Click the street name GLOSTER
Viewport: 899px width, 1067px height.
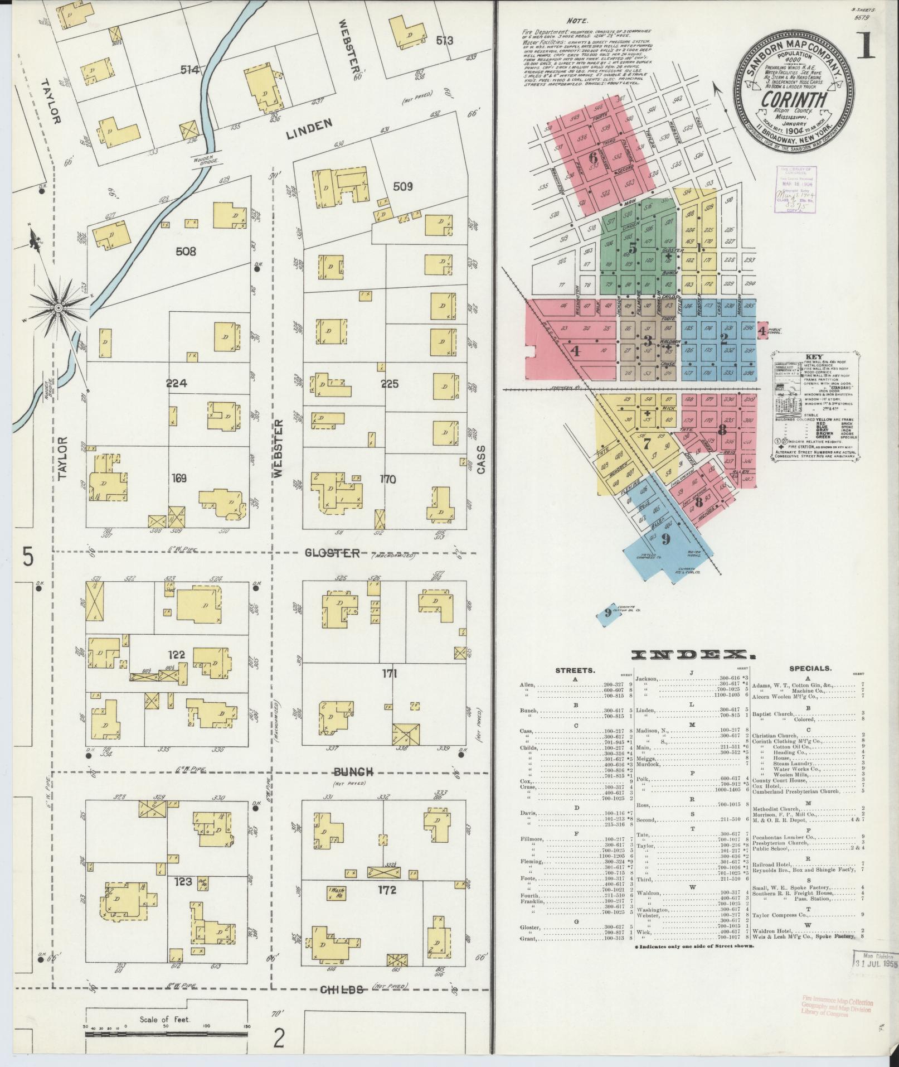tap(332, 553)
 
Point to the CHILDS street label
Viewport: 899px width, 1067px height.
tap(342, 989)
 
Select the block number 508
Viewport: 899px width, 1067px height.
tap(186, 252)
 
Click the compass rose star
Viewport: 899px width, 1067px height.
tap(57, 308)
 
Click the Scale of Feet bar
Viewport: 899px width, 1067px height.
tap(166, 1018)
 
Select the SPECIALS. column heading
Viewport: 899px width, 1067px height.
tap(810, 668)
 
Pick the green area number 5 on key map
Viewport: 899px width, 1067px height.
tap(632, 248)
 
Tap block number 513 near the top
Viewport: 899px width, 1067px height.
tap(445, 40)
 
